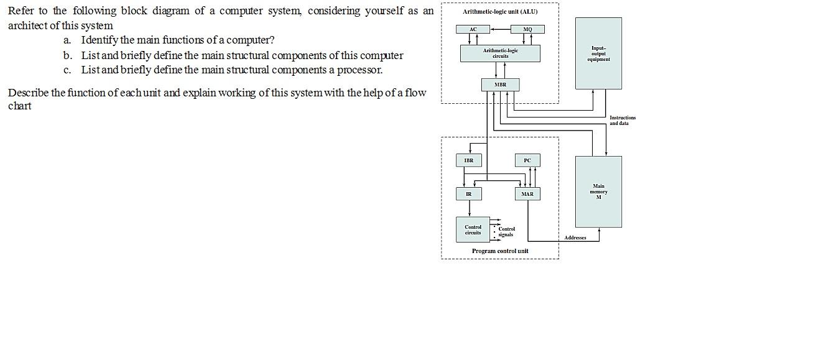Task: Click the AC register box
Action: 473,29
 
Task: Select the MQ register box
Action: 527,29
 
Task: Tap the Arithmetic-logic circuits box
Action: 500,53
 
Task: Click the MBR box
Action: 500,85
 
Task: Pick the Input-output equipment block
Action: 598,53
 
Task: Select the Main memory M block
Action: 598,192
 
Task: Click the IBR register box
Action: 469,160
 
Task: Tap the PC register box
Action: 527,160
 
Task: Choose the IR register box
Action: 469,194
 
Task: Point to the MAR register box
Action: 527,194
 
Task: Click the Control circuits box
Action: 473,230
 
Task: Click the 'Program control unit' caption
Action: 500,251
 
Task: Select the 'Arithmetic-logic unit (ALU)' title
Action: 500,12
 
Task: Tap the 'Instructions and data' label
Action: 622,121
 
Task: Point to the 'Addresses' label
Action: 575,238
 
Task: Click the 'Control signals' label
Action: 506,232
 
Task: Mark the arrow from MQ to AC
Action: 500,29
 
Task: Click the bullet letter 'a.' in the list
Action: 67,40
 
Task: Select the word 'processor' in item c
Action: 359,70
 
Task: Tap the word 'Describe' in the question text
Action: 28,93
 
